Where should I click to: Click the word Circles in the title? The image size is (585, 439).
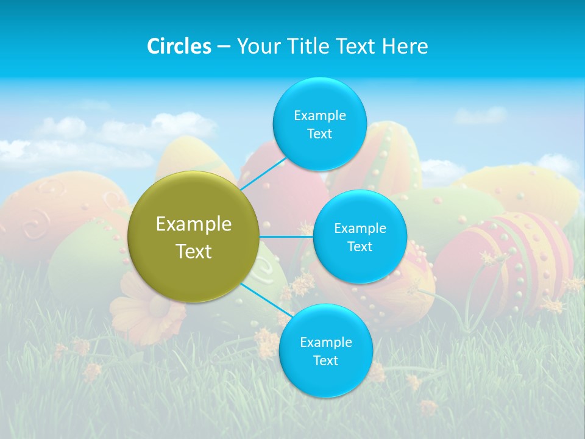[x=179, y=46]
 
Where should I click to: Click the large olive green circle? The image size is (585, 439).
[x=194, y=237]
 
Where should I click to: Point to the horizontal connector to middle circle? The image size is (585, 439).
[x=286, y=237]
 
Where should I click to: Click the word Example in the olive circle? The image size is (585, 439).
[x=194, y=224]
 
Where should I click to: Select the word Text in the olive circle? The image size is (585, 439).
[x=194, y=251]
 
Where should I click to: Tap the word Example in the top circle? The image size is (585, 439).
[x=319, y=116]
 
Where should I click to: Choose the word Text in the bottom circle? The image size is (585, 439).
[x=325, y=360]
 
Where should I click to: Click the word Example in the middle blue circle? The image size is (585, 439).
[x=360, y=229]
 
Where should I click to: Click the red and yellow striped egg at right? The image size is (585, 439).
[x=506, y=256]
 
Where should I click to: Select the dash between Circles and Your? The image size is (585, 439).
[x=223, y=46]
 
